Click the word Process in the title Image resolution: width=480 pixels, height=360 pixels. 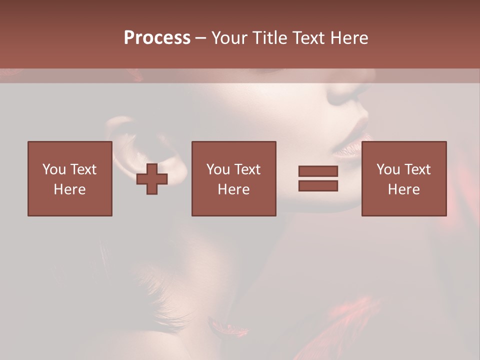click(x=157, y=38)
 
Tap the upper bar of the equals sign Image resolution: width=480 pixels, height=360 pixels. click(x=318, y=171)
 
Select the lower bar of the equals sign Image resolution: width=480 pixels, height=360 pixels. click(x=318, y=186)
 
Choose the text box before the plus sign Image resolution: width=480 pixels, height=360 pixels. click(x=70, y=178)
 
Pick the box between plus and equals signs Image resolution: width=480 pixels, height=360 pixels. click(x=233, y=178)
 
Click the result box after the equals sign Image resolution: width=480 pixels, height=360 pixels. click(x=404, y=178)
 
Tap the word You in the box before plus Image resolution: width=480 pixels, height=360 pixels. click(x=54, y=169)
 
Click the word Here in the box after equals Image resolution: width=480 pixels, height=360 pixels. click(x=404, y=189)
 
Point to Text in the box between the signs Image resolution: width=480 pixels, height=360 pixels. click(x=247, y=169)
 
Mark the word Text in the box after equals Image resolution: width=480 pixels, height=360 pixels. click(x=417, y=169)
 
